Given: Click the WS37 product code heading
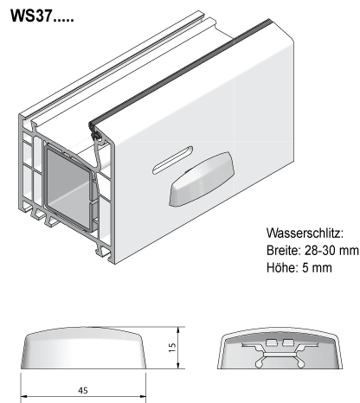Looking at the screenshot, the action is pos(42,16).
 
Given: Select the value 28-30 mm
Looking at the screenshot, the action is pos(331,250).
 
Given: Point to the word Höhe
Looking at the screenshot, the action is pos(280,267).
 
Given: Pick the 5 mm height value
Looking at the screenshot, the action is pos(317,267).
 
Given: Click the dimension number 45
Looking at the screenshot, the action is pos(83,391).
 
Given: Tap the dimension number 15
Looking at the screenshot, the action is pos(172,348).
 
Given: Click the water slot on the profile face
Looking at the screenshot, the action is pos(172,160).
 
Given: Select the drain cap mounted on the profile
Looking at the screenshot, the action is pos(202,179).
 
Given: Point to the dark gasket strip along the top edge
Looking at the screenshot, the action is pos(180,72).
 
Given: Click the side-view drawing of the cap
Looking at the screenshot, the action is pos(83,348).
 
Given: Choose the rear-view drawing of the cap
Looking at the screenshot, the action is pos(280,348).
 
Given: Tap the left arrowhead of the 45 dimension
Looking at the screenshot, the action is pos(23,396).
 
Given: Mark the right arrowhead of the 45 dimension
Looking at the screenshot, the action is pos(143,396).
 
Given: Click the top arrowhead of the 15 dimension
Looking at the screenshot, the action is pos(178,329).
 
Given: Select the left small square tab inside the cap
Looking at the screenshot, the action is pos(271,342).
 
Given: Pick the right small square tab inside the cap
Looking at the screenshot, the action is pos(288,342).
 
